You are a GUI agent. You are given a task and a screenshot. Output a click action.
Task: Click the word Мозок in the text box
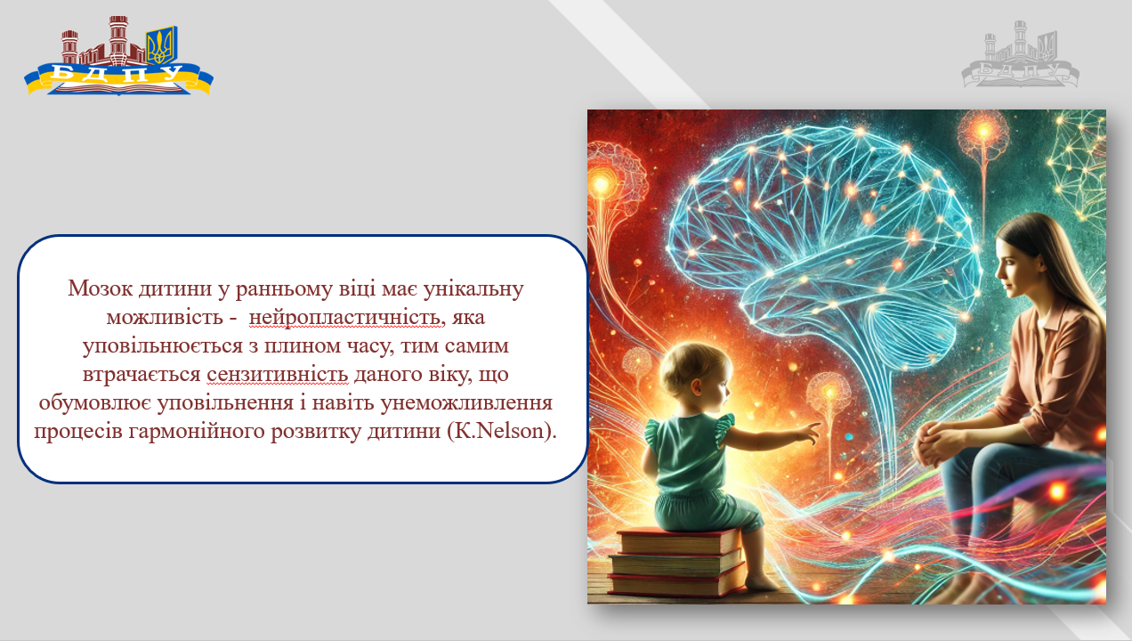(x=101, y=288)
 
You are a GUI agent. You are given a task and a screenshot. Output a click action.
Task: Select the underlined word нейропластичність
(x=344, y=318)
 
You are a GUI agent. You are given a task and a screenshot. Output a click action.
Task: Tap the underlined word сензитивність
(x=277, y=375)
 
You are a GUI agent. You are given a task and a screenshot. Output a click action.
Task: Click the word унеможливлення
(x=466, y=403)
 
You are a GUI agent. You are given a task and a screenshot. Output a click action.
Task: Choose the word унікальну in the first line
(x=473, y=289)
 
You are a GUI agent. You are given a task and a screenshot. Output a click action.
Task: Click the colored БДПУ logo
(x=118, y=55)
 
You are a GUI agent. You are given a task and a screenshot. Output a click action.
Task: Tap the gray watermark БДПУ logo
(x=1021, y=54)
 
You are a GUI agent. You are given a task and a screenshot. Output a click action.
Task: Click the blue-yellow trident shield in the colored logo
(x=161, y=45)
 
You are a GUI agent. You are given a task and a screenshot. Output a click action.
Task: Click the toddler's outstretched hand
(x=807, y=433)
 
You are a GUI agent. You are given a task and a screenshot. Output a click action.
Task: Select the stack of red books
(x=676, y=562)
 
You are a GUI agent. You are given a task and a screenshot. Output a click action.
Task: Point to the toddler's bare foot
(x=763, y=583)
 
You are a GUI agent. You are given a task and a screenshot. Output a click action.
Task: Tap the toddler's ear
(x=698, y=388)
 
